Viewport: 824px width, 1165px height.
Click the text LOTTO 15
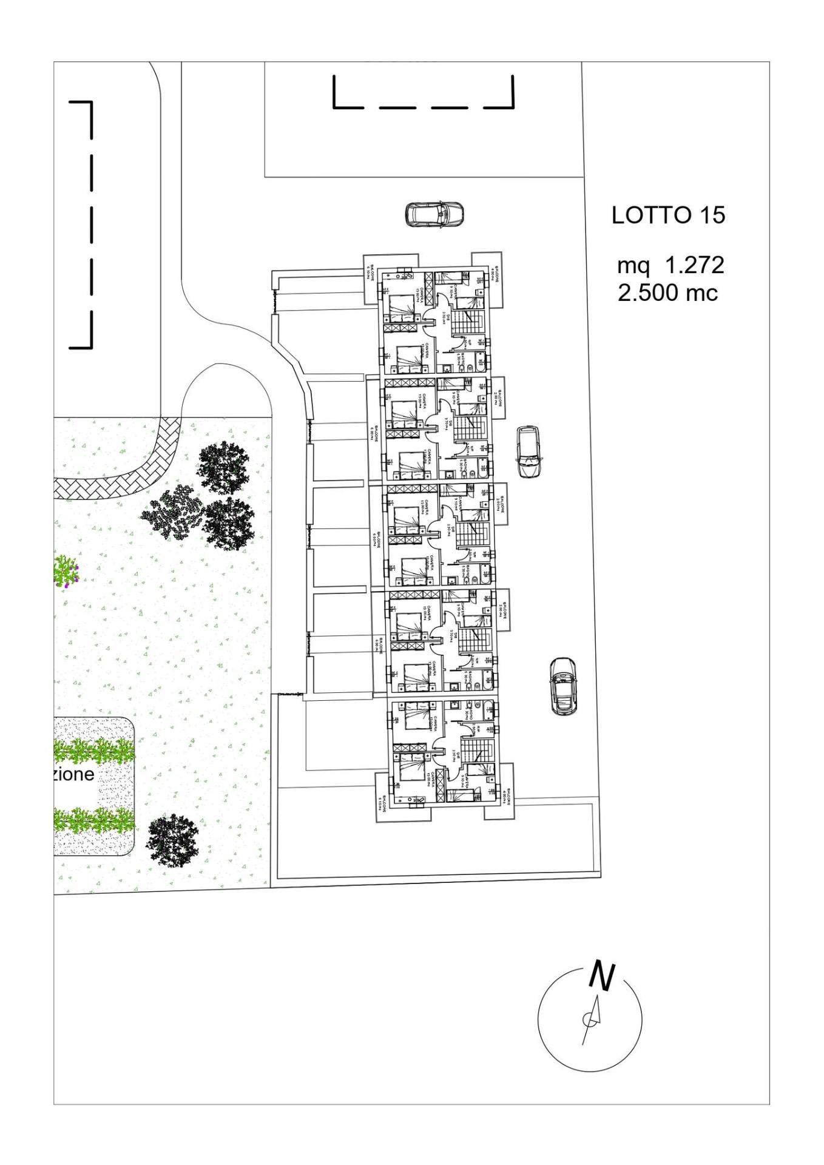coord(668,215)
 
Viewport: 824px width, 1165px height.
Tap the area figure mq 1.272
coord(670,265)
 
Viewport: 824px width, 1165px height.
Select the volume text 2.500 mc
coord(667,292)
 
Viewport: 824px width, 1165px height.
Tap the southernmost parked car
coord(562,686)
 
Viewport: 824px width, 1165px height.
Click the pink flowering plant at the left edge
coord(66,571)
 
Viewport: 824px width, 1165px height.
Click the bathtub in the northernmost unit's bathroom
coord(479,363)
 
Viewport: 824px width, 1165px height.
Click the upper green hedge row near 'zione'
coord(94,752)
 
